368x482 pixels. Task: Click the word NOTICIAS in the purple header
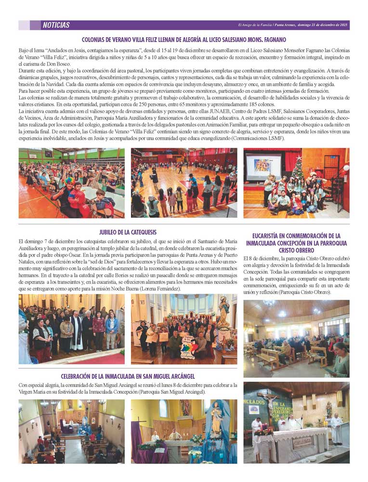(x=56, y=25)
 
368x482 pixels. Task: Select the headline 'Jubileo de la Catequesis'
(x=128, y=232)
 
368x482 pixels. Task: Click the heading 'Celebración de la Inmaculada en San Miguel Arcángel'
(x=128, y=376)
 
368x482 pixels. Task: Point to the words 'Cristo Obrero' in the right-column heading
(x=296, y=250)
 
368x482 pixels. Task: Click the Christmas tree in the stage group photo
(x=298, y=168)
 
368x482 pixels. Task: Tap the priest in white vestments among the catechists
(x=77, y=333)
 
